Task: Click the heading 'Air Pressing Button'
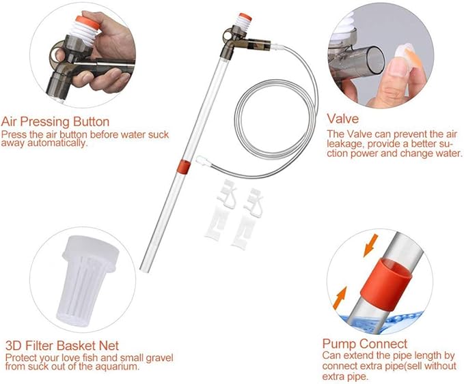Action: point(54,121)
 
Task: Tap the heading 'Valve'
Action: point(342,119)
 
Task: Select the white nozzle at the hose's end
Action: point(202,162)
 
